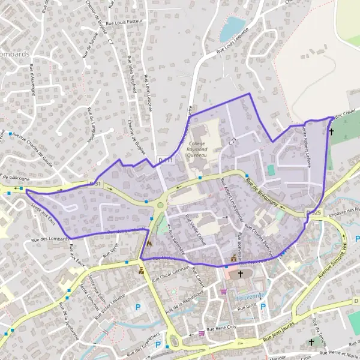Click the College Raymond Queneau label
pos(197,149)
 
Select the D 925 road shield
pos(313,213)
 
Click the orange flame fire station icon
pos(149,244)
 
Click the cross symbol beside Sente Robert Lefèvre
pos(331,130)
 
